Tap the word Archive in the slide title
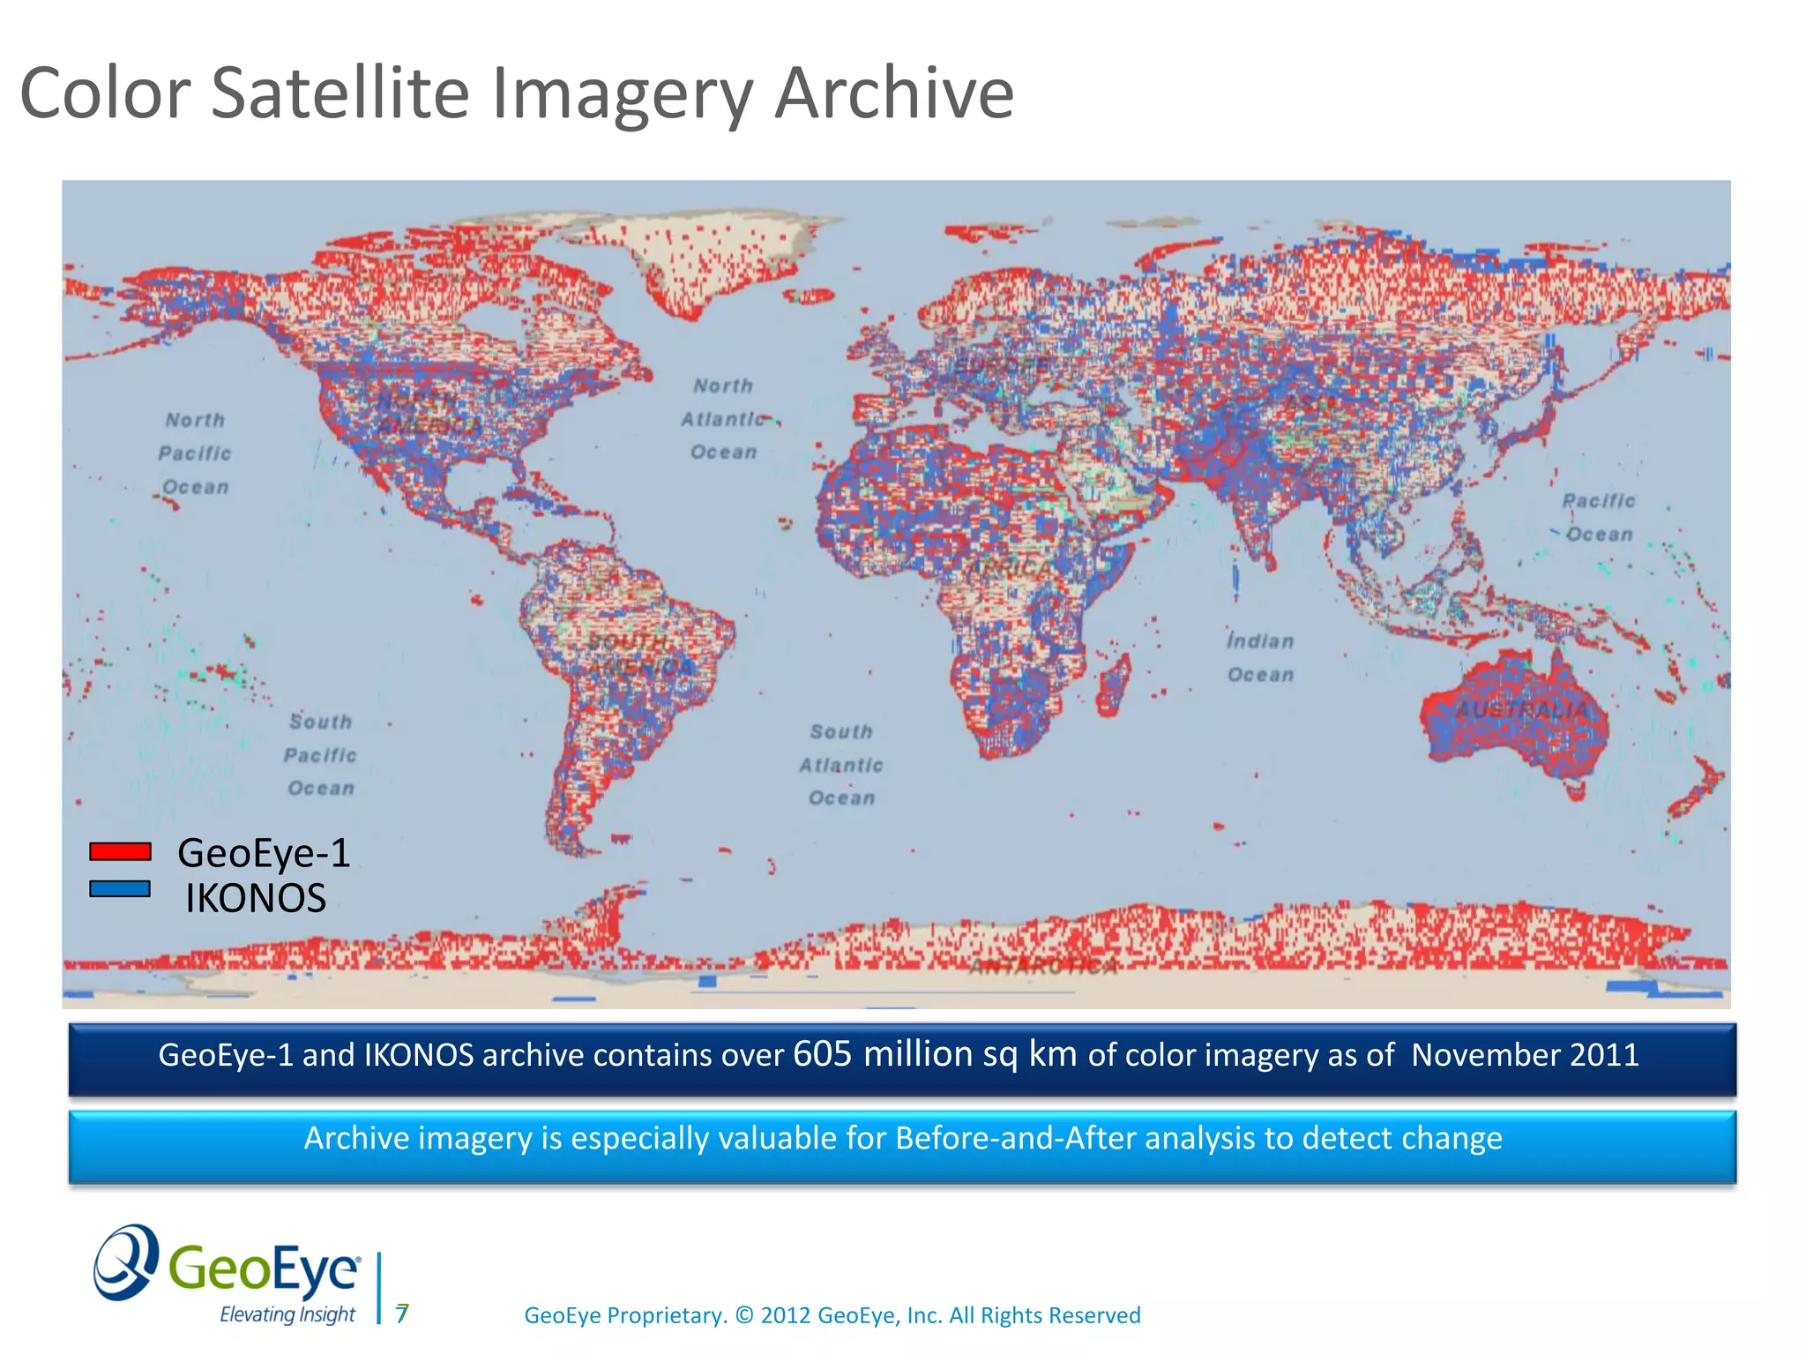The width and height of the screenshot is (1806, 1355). point(894,94)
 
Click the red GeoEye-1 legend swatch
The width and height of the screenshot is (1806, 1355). point(120,851)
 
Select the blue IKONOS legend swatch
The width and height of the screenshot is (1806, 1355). point(120,889)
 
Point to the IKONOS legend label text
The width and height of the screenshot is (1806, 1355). point(256,898)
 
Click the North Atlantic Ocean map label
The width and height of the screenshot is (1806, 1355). point(723,419)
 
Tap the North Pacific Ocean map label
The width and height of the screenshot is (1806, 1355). point(195,453)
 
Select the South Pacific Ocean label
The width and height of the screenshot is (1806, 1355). point(320,755)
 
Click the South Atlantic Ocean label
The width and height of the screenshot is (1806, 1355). point(841,765)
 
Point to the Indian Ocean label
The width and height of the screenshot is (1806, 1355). point(1260,658)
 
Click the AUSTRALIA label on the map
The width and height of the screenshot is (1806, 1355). point(1520,710)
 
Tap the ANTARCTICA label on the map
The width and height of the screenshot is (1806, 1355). point(1043,967)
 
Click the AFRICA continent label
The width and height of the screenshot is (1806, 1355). point(1010,568)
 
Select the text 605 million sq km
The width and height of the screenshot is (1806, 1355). point(935,1055)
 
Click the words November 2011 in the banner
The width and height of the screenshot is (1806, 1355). point(1525,1055)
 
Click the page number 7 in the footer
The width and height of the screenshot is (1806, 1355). point(402,1314)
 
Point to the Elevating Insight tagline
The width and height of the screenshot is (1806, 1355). point(287,1314)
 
